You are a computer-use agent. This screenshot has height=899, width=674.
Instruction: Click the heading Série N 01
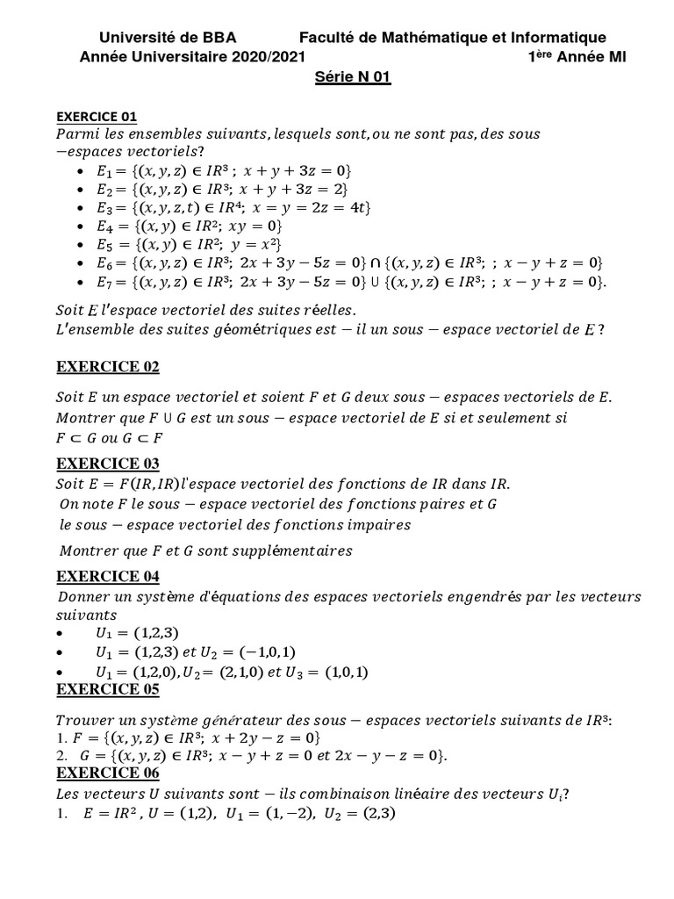pos(352,77)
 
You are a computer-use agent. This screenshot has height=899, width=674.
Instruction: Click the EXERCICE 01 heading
pos(97,117)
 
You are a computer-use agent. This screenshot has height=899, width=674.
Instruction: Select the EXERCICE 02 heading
pos(108,367)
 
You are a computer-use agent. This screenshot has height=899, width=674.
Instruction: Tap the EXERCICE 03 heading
pos(108,464)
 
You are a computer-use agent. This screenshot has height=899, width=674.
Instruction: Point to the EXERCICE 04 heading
pos(108,577)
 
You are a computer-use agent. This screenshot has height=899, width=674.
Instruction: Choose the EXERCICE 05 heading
pos(108,690)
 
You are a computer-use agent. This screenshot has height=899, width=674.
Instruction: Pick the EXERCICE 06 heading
pos(108,773)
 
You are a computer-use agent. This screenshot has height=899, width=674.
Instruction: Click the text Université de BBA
pos(168,37)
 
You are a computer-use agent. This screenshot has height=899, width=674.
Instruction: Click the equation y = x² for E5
pos(256,244)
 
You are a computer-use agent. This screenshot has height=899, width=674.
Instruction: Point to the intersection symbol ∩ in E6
pos(374,263)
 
